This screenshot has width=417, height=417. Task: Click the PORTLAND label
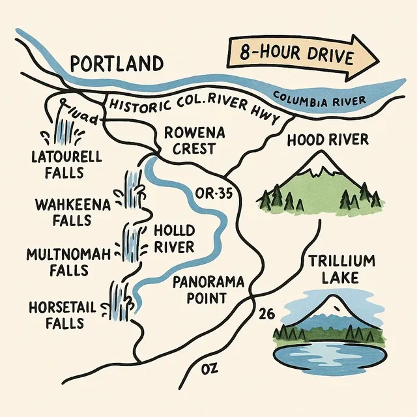click(x=116, y=64)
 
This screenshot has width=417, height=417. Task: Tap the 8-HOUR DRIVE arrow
click(x=302, y=57)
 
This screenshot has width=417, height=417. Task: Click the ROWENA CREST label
click(x=194, y=141)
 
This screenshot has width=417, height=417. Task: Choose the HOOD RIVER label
click(x=327, y=139)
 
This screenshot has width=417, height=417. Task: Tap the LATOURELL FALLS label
click(x=57, y=165)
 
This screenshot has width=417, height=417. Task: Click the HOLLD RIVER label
click(x=173, y=239)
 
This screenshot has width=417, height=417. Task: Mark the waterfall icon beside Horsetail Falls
click(x=120, y=300)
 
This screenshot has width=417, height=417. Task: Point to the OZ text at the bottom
click(x=209, y=370)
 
